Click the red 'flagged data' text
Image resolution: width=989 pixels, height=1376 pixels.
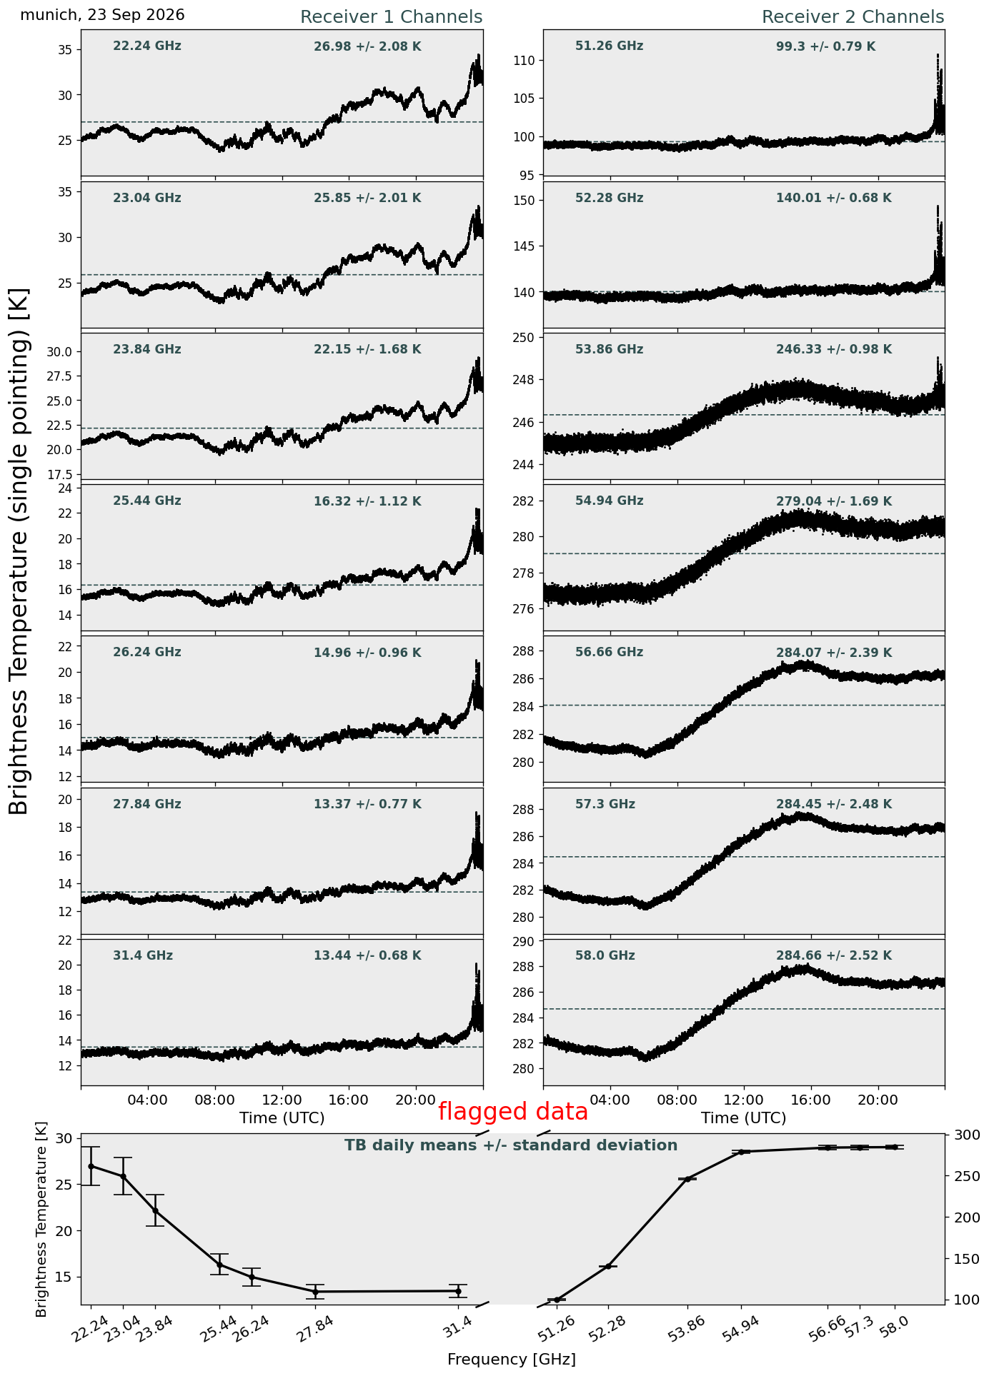(x=513, y=1112)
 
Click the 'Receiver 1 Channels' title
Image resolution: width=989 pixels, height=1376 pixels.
(x=391, y=17)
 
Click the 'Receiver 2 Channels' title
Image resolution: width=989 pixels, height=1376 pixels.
(x=853, y=17)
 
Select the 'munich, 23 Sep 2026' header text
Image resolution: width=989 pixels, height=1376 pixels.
(x=102, y=15)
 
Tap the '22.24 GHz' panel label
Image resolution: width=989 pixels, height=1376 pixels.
(x=147, y=46)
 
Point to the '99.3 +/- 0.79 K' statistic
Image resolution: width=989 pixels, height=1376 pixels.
(x=825, y=47)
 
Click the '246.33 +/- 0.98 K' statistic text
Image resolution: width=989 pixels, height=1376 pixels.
(x=834, y=350)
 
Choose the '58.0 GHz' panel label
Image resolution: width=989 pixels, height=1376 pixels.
(x=605, y=955)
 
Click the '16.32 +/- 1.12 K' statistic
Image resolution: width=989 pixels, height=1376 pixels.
(x=367, y=501)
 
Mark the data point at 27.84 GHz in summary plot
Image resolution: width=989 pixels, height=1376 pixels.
(x=315, y=1291)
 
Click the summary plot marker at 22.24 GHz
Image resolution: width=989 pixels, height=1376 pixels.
(x=91, y=1166)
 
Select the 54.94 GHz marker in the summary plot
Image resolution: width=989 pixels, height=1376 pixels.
(x=742, y=1152)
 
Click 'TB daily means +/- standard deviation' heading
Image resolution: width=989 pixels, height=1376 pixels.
(x=511, y=1145)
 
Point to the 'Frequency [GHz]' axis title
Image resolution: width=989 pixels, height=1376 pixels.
(x=512, y=1359)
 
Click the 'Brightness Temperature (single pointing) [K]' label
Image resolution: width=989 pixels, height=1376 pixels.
(x=19, y=551)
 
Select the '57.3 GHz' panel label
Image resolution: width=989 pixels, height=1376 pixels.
(x=605, y=804)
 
